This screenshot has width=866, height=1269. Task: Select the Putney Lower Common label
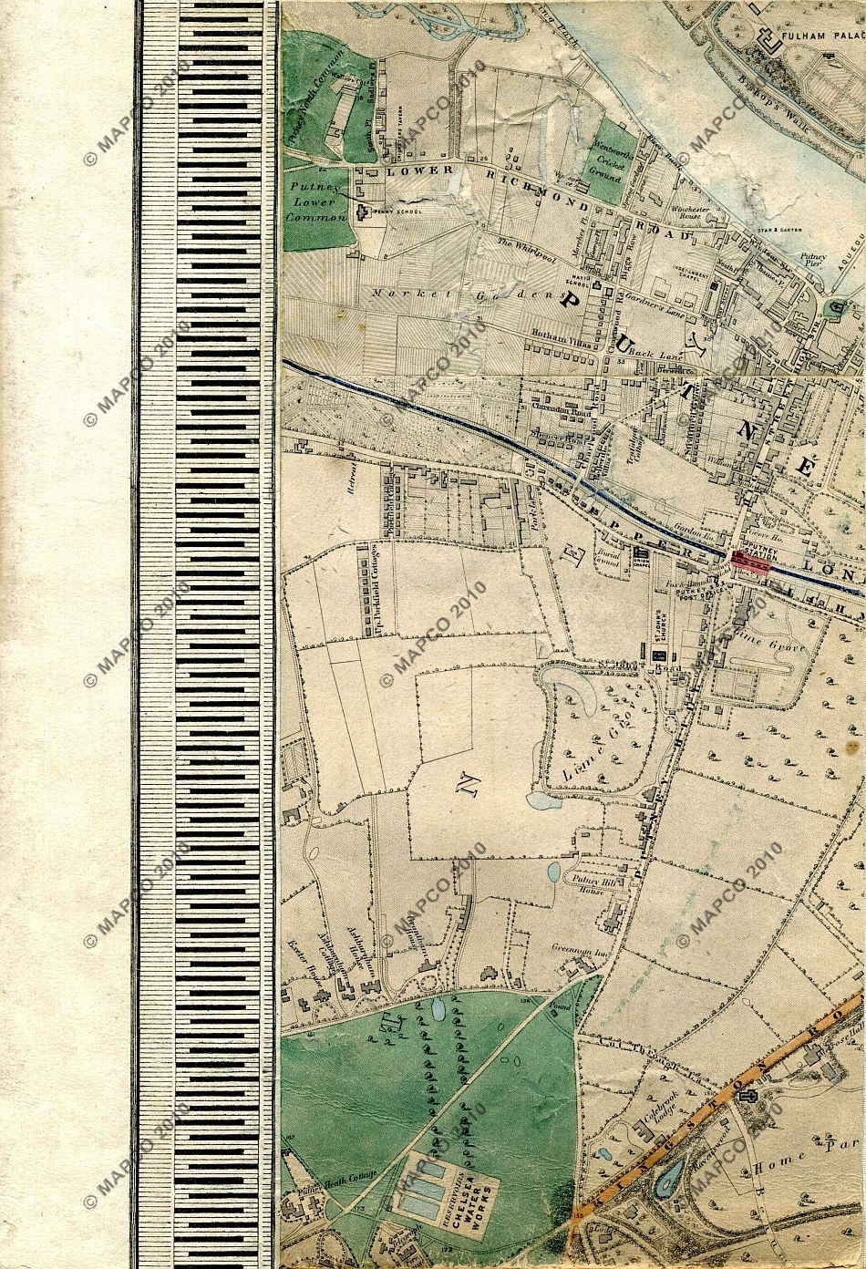click(x=315, y=201)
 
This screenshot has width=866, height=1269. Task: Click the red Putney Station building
click(x=751, y=564)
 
